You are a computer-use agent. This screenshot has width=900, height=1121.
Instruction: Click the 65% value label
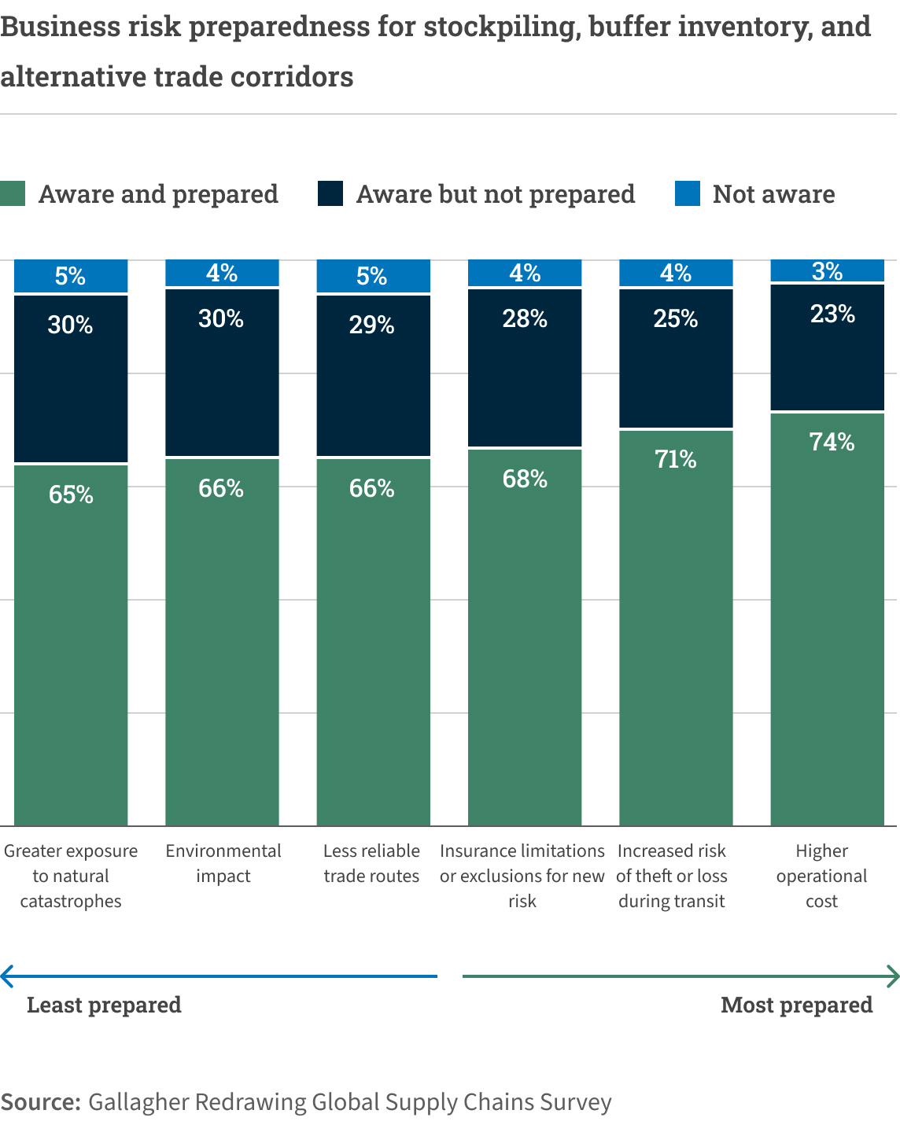(x=71, y=494)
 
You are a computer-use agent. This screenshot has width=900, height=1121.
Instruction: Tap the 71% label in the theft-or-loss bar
(x=675, y=459)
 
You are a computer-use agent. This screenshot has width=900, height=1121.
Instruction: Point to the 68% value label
(x=525, y=479)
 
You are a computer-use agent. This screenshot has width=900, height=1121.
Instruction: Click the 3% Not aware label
(x=827, y=271)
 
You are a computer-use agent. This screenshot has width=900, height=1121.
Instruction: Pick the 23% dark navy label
(x=832, y=314)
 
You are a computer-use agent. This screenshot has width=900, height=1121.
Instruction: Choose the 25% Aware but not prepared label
(x=675, y=318)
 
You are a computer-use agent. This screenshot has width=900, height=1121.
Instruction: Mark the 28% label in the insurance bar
(x=525, y=318)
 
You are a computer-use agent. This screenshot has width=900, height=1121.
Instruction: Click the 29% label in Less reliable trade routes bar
(x=371, y=325)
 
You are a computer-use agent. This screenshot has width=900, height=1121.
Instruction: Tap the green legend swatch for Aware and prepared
(x=13, y=193)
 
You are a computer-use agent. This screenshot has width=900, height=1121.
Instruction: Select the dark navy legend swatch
(x=330, y=193)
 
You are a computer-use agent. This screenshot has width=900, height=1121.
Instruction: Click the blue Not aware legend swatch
(x=688, y=193)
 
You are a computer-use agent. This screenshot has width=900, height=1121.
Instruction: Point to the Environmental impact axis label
(x=223, y=863)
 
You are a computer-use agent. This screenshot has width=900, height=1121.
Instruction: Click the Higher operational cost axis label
(x=821, y=876)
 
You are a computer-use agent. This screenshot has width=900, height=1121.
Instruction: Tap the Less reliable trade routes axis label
(x=371, y=863)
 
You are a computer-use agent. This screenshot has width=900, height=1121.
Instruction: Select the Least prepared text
(x=104, y=1005)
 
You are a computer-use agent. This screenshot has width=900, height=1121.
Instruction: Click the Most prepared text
(x=796, y=1005)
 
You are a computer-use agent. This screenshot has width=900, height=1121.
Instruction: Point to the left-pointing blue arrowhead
(x=7, y=976)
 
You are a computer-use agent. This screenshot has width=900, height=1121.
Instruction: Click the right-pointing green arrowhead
(x=893, y=976)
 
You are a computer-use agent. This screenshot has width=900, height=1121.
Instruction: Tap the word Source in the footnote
(x=39, y=1101)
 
